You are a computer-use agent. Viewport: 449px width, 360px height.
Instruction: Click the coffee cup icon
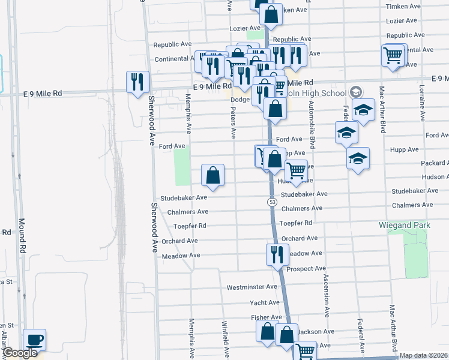click(34, 340)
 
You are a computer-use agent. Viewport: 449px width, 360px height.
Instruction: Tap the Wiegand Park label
click(405, 225)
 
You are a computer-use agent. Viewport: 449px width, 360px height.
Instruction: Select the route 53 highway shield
click(273, 202)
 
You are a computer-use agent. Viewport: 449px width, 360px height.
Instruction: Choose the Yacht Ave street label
click(265, 302)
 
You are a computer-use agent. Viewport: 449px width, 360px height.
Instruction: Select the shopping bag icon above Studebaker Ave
click(213, 175)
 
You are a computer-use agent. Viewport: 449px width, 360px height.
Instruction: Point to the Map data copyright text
click(423, 355)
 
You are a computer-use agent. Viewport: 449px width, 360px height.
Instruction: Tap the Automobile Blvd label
click(312, 123)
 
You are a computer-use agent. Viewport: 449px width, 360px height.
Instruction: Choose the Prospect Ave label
click(306, 269)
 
